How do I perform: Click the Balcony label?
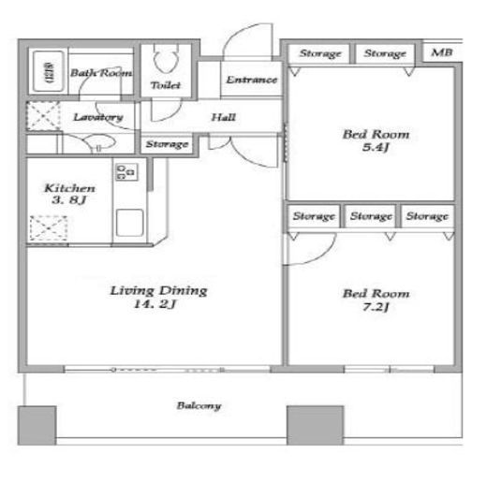tap(199, 405)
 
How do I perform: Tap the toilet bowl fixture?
tap(166, 59)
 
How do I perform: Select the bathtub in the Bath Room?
tap(49, 71)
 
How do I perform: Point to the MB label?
tap(441, 52)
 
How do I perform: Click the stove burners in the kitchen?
tap(126, 172)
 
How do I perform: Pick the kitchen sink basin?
tap(129, 223)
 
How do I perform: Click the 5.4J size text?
tap(376, 147)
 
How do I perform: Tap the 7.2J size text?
tap(376, 307)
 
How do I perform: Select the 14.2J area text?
tap(155, 304)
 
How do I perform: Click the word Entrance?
tap(252, 80)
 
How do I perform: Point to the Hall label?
tap(223, 117)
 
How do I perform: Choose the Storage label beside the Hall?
tap(167, 144)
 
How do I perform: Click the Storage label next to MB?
tap(385, 53)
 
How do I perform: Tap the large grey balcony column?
tap(316, 425)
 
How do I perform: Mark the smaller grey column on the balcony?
tap(37, 425)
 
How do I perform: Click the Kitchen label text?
tap(69, 188)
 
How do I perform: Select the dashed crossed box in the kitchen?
tap(49, 228)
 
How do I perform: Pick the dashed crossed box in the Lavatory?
tap(43, 115)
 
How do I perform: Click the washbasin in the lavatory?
tap(100, 141)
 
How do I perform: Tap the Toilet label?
tap(166, 85)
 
